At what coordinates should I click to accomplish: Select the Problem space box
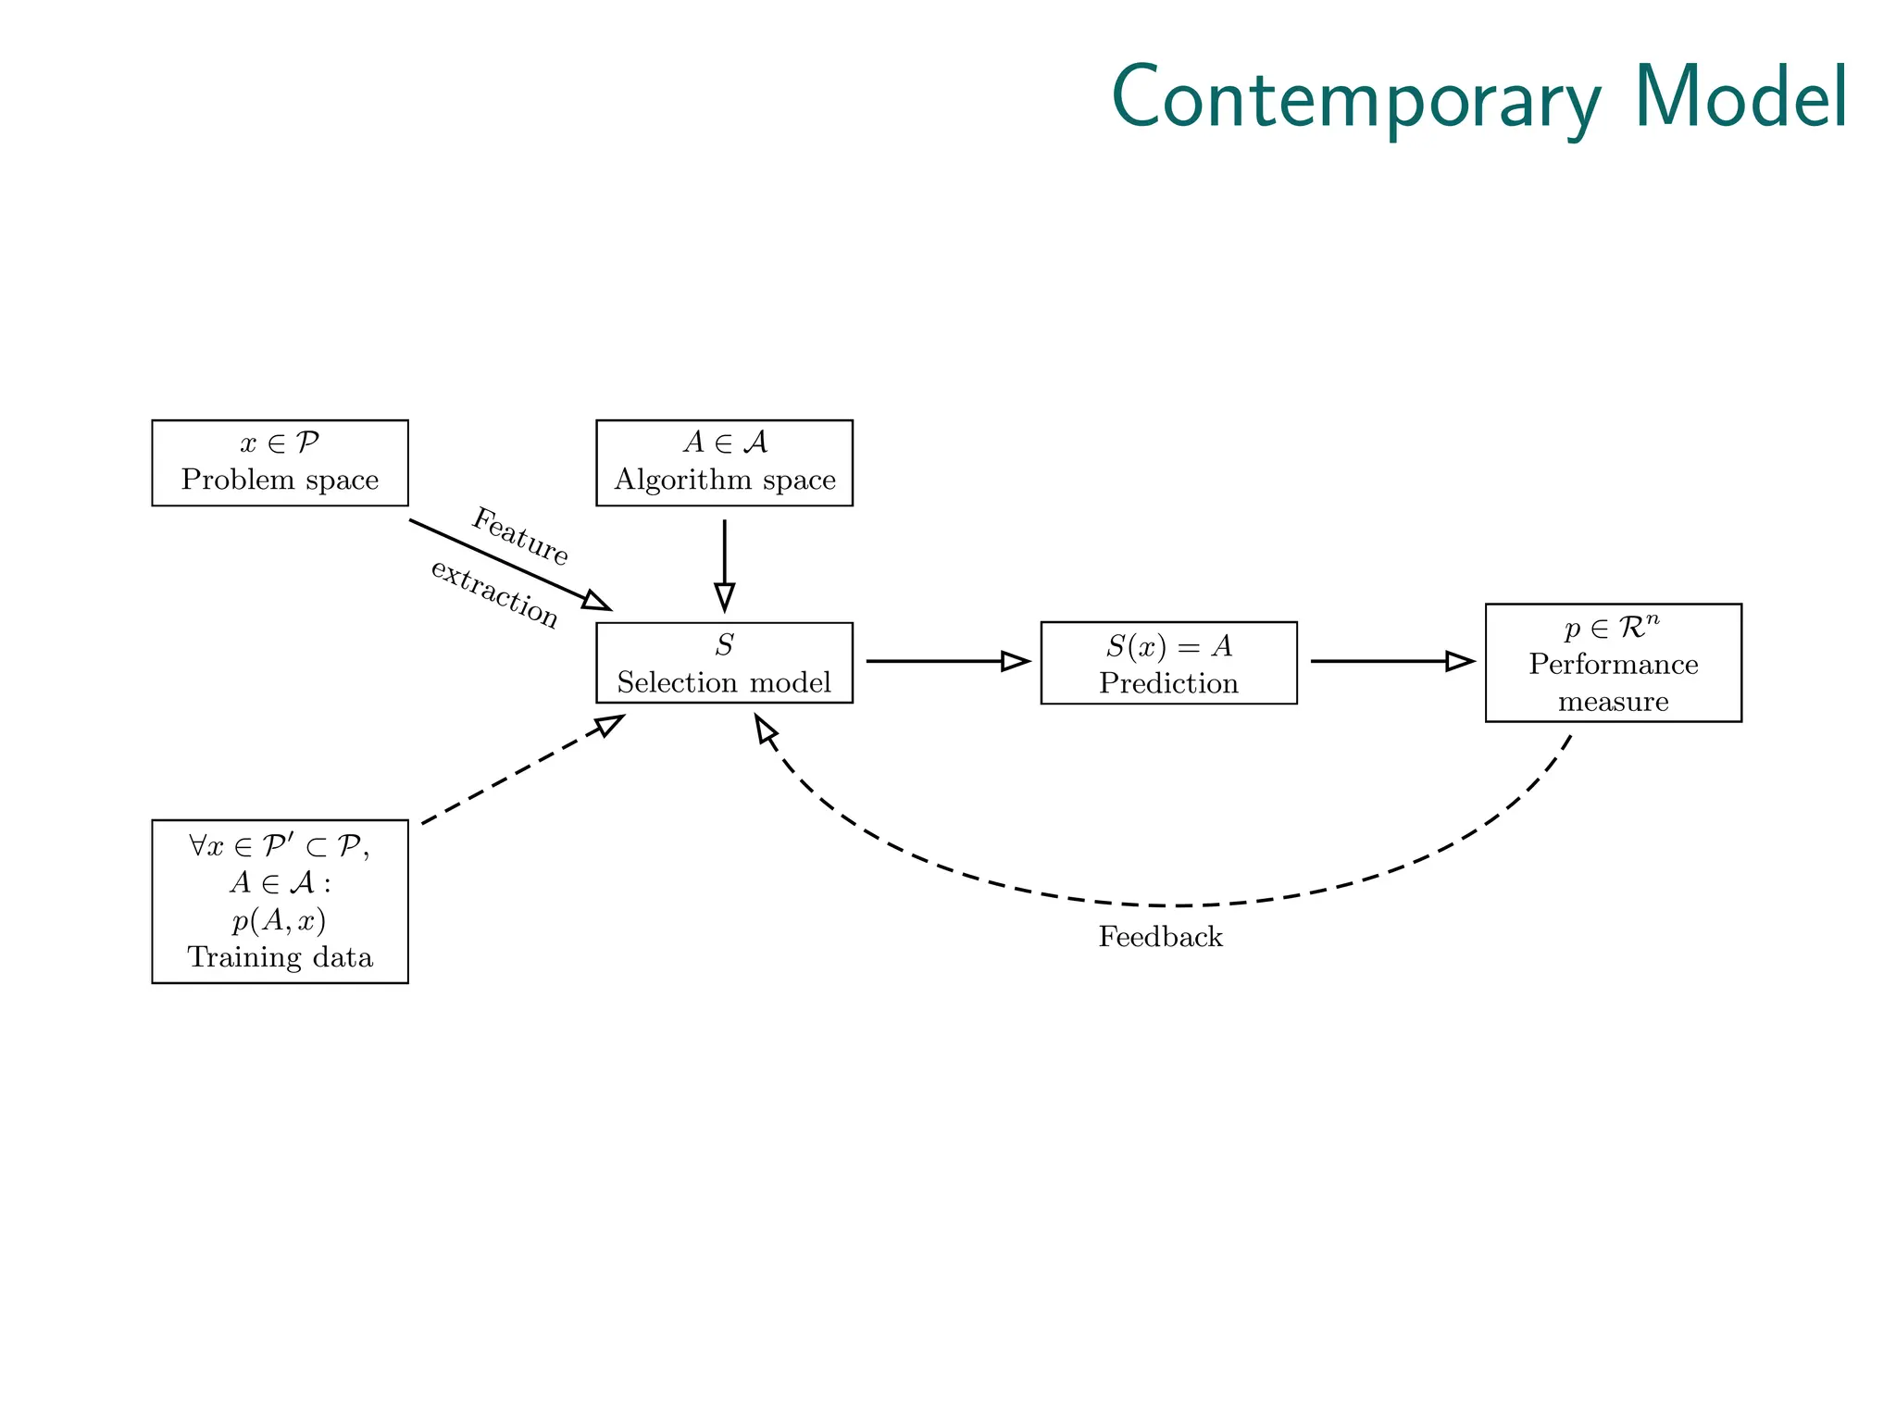point(280,463)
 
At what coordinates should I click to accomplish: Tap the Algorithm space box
point(724,463)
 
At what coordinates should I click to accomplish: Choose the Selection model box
point(724,663)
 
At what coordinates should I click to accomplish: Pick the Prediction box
point(1168,663)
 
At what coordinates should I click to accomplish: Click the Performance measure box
point(1613,663)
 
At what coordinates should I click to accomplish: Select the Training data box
point(280,901)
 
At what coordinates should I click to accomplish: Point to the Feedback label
point(1160,937)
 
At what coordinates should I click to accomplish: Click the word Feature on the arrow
point(520,536)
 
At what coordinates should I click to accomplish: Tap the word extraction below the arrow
point(494,593)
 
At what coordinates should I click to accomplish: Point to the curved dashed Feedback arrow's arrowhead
point(764,730)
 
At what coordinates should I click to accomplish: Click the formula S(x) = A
point(1168,645)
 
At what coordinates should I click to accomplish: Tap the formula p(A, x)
point(280,920)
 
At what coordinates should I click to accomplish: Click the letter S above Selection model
point(724,645)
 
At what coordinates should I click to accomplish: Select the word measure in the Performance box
point(1613,701)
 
